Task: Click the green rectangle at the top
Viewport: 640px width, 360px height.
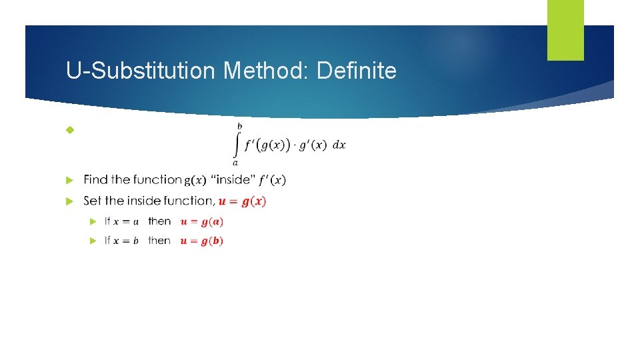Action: pos(565,30)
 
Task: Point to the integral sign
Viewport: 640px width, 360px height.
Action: pos(236,144)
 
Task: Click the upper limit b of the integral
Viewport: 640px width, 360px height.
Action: pos(240,125)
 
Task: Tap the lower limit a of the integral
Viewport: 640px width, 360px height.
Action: pos(235,162)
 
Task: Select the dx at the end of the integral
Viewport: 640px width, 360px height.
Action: pos(339,145)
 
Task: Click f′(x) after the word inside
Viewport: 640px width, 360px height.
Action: pos(271,180)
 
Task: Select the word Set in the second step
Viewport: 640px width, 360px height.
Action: pos(93,201)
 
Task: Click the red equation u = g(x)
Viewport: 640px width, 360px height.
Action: pos(243,201)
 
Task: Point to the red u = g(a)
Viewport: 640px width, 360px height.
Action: pos(202,221)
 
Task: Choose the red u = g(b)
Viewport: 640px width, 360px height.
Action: pos(202,241)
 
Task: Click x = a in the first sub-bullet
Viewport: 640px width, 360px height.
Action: pos(125,221)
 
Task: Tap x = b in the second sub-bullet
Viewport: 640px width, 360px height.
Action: pos(125,241)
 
